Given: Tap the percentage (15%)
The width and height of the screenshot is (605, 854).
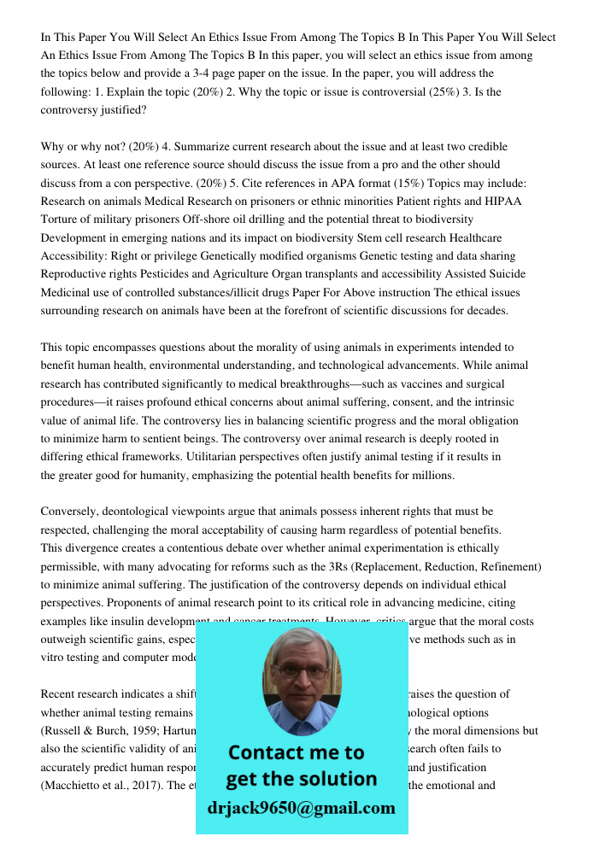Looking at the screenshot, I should coord(316,184).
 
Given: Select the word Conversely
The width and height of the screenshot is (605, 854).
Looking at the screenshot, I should coord(68,512).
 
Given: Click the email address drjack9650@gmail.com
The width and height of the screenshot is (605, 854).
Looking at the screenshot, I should coord(302,808).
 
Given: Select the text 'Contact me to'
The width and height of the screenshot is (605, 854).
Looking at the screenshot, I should coord(296,752).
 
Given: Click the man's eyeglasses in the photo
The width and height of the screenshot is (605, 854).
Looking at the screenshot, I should coord(302,671).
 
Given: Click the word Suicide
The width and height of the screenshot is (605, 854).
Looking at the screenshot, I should coord(504,274).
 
